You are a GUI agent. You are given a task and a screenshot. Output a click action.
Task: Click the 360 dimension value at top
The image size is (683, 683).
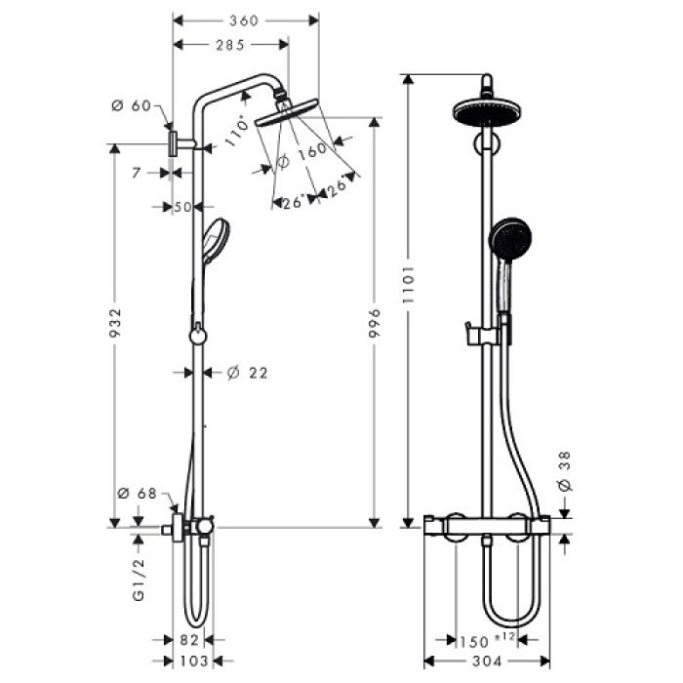[246, 20]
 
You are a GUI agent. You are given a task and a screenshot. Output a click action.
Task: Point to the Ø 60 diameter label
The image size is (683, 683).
[134, 106]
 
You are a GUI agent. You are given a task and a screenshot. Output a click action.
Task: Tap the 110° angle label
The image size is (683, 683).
[234, 132]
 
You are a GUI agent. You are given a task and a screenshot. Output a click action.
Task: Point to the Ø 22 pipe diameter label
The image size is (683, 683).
[246, 372]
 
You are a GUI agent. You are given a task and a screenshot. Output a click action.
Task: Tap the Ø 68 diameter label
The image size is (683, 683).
[137, 494]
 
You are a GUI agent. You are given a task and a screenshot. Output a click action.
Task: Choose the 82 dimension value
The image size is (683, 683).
[190, 640]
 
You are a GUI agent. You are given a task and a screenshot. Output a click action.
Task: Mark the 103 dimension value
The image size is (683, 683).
[192, 661]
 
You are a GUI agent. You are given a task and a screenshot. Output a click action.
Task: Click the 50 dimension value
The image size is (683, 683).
[181, 206]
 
